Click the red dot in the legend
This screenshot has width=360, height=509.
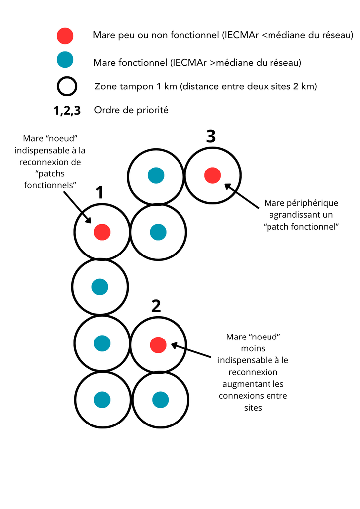click(65, 36)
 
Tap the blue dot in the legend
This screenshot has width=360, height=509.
click(65, 60)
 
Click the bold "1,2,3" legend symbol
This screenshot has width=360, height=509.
click(67, 111)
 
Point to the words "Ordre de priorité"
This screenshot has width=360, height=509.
click(131, 110)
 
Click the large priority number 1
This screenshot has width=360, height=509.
click(99, 193)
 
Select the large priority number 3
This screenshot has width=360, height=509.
click(211, 137)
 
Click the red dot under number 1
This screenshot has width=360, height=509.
click(102, 231)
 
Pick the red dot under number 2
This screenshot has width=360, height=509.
click(158, 344)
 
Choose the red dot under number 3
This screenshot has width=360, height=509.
click(213, 175)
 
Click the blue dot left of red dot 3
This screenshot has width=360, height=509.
click(156, 175)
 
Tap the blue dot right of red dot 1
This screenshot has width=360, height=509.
click(158, 231)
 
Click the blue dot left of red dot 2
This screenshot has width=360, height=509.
click(102, 343)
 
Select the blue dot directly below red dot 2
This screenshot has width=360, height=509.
click(160, 399)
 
